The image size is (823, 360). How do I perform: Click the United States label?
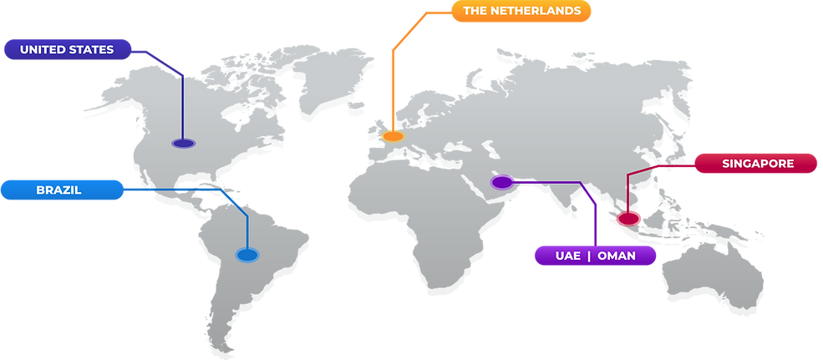pyautogui.click(x=67, y=50)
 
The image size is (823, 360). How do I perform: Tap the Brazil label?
pyautogui.click(x=58, y=190)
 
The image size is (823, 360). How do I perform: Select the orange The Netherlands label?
pyautogui.click(x=521, y=12)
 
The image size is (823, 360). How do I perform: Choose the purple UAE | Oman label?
pyautogui.click(x=595, y=256)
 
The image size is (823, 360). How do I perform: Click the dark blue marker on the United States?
pyautogui.click(x=183, y=144)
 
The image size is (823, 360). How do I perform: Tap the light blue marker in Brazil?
pyautogui.click(x=246, y=255)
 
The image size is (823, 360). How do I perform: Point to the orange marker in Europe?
pyautogui.click(x=393, y=135)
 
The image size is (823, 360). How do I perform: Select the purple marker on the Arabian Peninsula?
pyautogui.click(x=501, y=181)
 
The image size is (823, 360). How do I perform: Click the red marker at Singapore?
pyautogui.click(x=627, y=219)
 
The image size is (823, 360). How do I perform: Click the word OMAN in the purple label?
pyautogui.click(x=616, y=256)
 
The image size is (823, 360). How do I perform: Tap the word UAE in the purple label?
pyautogui.click(x=567, y=256)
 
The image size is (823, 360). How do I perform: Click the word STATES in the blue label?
pyautogui.click(x=92, y=50)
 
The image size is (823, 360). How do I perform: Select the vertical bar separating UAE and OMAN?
pyautogui.click(x=589, y=256)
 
